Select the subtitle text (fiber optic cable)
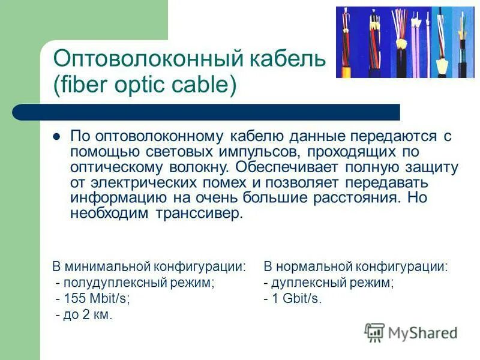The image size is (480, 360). [x=145, y=85]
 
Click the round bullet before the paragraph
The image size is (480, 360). [x=58, y=136]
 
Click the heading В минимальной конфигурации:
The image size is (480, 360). [x=149, y=267]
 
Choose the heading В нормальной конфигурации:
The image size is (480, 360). [x=355, y=267]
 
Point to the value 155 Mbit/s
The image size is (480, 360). [x=97, y=299]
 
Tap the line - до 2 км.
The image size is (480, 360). [x=83, y=314]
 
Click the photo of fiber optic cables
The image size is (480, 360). [x=404, y=42]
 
